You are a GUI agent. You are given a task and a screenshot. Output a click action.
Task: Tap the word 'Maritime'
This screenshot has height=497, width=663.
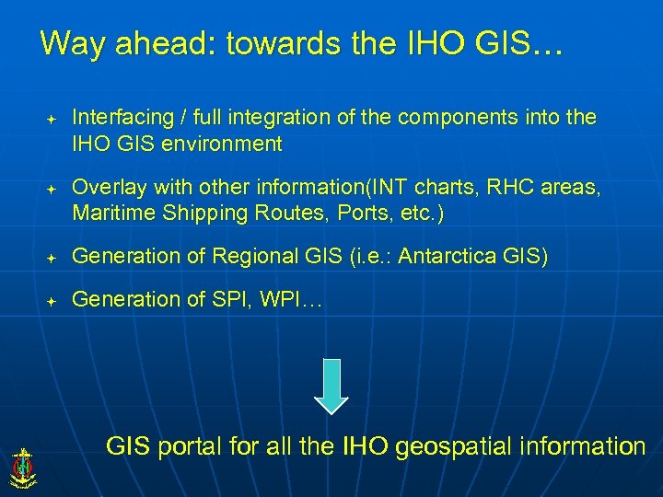112,214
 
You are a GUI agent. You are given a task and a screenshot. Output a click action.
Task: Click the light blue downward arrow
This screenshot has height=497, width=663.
331,386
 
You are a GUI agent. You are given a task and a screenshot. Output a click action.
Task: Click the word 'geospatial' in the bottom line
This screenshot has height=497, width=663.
448,448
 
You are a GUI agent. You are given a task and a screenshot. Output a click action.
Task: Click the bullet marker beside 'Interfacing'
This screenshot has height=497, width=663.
52,120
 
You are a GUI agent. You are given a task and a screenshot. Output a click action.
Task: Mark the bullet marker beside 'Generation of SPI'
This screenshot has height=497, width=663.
52,301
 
